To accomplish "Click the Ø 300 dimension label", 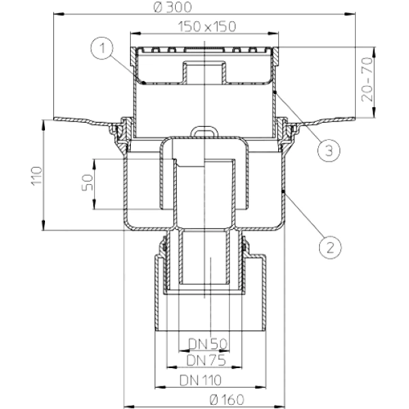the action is (x=172, y=7).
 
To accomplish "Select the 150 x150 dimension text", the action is (x=207, y=27).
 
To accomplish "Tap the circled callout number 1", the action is (x=102, y=48).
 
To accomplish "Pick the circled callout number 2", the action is (x=330, y=247).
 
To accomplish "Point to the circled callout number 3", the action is (x=329, y=150).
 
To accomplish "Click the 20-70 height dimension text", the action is (x=367, y=79).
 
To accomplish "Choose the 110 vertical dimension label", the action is (x=37, y=176).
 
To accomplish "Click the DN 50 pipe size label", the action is (x=208, y=344).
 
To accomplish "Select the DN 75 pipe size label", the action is (x=206, y=361).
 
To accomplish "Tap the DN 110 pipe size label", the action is (x=200, y=380).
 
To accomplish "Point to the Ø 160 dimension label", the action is (x=227, y=399).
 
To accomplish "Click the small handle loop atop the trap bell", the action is (x=204, y=131).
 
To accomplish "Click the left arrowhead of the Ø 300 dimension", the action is (x=59, y=14).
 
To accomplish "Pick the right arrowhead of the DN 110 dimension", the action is (x=261, y=387).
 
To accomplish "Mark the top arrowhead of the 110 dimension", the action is (x=44, y=125).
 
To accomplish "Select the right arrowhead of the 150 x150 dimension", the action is (x=273, y=33).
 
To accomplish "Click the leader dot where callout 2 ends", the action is (x=284, y=192).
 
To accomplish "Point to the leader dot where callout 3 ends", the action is (x=275, y=92).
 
